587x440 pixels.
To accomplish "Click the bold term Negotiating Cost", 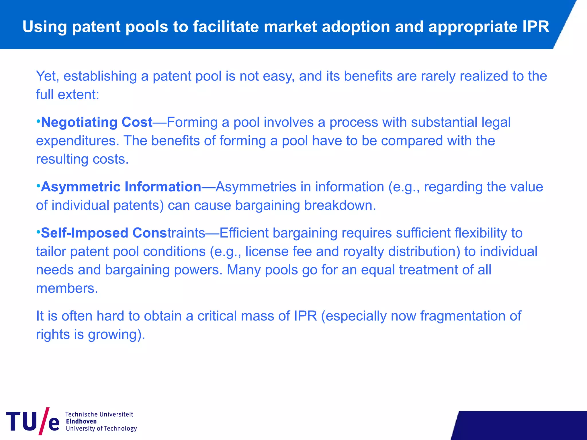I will click(x=97, y=122).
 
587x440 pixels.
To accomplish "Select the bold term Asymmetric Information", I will click(x=121, y=187).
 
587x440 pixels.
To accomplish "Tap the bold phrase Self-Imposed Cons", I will click(x=104, y=233).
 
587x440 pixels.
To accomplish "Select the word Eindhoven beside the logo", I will click(x=81, y=421).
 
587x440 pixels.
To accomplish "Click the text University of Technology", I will click(x=101, y=428).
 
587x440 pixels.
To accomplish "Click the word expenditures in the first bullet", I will click(x=77, y=141).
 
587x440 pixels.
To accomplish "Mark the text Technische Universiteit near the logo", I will click(x=99, y=414).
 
